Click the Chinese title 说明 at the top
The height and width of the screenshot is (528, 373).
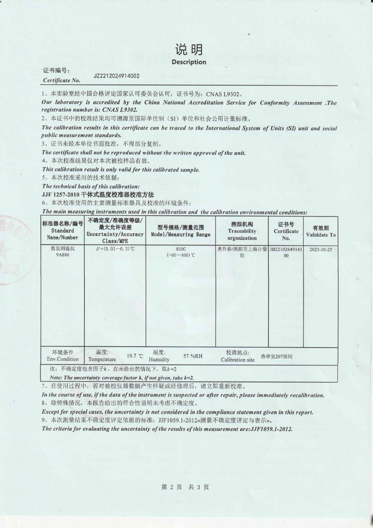(189, 49)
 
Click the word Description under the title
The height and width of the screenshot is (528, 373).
(189, 62)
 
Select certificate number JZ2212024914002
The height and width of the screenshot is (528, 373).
(117, 76)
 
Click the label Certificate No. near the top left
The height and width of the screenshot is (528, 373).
(62, 81)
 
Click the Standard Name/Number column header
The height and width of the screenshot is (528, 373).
(62, 231)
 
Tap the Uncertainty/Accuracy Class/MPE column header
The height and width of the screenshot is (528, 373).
(115, 231)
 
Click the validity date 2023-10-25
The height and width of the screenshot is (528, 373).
(321, 249)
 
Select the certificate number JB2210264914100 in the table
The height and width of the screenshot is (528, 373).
(286, 252)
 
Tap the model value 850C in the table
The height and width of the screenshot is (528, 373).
(181, 249)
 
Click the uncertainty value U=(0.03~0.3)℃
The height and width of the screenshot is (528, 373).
(115, 249)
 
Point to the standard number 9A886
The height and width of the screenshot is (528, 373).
(62, 255)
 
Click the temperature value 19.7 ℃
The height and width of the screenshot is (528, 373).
(135, 356)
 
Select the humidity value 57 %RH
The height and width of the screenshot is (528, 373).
(193, 356)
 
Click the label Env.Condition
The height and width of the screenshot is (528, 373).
(63, 359)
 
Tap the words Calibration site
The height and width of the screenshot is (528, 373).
(238, 359)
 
